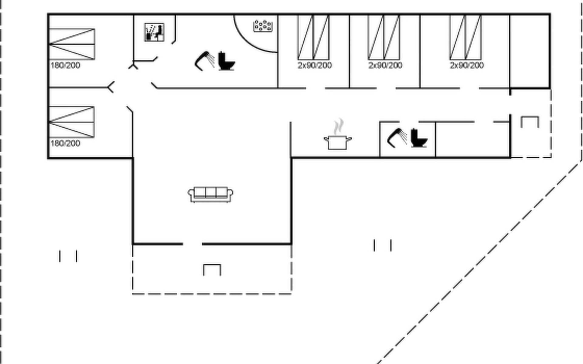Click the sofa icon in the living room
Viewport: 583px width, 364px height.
point(210,194)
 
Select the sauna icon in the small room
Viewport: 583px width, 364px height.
point(155,32)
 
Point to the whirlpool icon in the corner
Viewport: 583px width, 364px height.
point(263,26)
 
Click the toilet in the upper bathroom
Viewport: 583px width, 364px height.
point(227,61)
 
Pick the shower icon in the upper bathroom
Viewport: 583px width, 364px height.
point(205,61)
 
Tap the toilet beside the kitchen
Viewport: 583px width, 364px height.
point(419,138)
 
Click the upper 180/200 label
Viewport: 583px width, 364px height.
point(65,66)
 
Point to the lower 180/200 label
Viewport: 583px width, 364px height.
point(65,143)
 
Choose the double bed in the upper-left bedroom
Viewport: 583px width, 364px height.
point(72,44)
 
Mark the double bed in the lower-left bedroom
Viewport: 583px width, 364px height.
point(72,122)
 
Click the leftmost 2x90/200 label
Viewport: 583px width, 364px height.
point(315,66)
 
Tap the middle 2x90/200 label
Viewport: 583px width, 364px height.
point(385,66)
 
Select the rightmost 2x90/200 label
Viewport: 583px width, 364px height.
point(467,66)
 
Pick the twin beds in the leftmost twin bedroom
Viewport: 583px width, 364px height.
point(313,37)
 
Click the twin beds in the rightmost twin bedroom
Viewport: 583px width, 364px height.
point(465,37)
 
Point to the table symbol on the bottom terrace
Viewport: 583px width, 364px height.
point(212,270)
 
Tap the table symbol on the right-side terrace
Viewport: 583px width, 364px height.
point(530,122)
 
